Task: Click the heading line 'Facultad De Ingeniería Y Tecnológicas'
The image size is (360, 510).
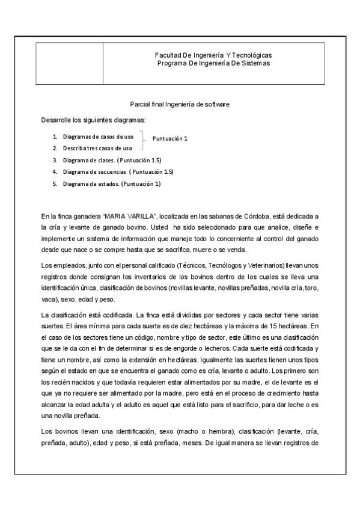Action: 213,55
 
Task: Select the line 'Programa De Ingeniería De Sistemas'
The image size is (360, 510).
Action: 213,63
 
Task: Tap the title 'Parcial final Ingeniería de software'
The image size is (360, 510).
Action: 180,104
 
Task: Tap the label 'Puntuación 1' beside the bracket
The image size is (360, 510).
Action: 170,138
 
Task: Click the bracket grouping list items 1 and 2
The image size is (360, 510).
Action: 142,143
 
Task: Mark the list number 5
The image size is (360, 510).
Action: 54,183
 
